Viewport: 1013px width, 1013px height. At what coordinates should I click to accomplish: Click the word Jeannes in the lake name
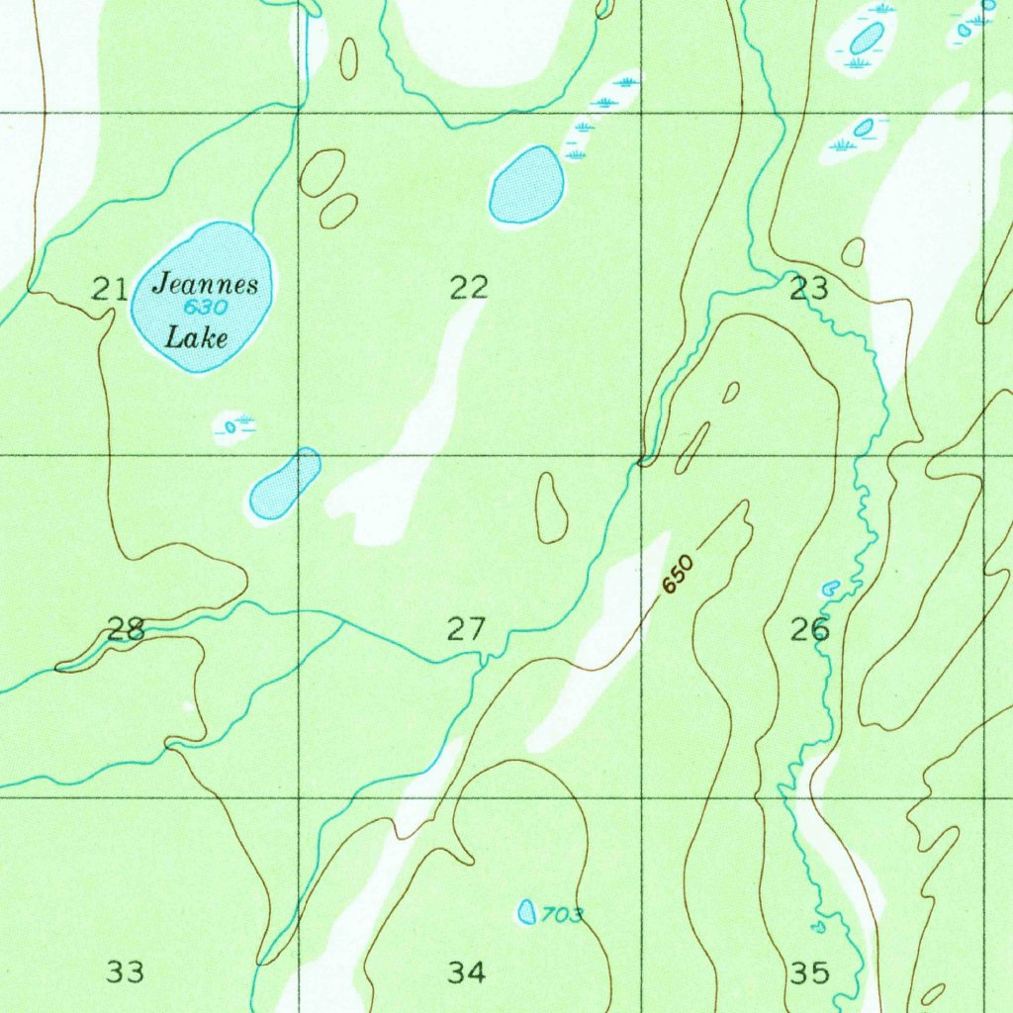coord(205,286)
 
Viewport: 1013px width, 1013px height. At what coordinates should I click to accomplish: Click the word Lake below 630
coord(196,337)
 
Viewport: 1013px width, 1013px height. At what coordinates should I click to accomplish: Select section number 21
coord(110,289)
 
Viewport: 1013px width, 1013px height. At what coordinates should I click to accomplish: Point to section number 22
coord(469,288)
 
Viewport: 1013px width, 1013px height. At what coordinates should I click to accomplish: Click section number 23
coord(808,289)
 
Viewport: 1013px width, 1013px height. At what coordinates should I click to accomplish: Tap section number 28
coord(127,629)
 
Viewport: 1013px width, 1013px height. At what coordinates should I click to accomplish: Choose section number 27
coord(467,628)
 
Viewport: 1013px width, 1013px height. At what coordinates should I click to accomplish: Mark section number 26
coord(809,629)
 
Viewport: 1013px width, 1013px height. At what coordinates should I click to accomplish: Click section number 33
coord(126,971)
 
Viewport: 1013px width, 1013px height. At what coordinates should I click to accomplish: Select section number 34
coord(467,972)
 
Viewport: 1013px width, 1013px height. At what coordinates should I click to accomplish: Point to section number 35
coord(809,972)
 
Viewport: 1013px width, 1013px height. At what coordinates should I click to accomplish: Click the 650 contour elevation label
coord(679,575)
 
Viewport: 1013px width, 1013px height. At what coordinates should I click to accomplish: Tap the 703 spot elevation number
coord(563,916)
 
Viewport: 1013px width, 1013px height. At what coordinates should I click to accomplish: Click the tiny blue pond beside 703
coord(527,912)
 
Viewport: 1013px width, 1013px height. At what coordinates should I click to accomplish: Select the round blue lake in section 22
coord(526,185)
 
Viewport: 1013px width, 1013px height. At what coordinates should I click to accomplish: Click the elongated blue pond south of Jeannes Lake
coord(285,484)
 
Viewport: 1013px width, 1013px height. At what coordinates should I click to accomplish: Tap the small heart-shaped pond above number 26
coord(830,588)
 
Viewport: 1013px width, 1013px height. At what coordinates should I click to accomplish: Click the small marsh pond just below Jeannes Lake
coord(230,427)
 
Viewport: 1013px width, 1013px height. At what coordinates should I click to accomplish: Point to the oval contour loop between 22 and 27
coord(551,507)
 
